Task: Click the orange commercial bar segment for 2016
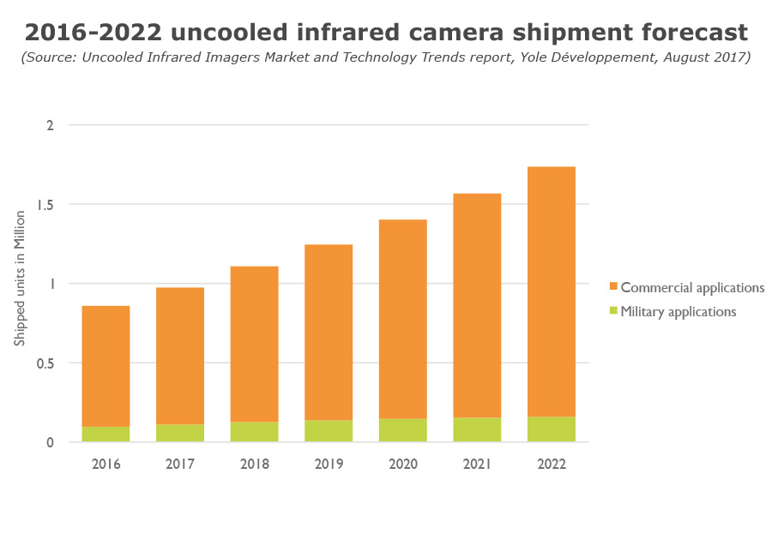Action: pos(106,366)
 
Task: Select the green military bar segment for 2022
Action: pos(552,429)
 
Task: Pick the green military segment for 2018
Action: pos(254,431)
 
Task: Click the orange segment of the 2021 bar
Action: pos(477,305)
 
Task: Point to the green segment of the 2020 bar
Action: pos(403,429)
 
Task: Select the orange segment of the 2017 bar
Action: pos(180,356)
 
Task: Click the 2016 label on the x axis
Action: pos(106,464)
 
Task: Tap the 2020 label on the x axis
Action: pos(403,464)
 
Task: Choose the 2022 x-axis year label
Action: pos(552,464)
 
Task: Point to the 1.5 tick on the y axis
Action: pos(45,205)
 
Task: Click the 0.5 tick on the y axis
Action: pos(45,363)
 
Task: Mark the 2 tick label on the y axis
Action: pos(50,125)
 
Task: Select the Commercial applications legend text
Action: pos(692,287)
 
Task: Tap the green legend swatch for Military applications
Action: pos(612,312)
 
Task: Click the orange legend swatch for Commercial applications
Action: pos(612,287)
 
